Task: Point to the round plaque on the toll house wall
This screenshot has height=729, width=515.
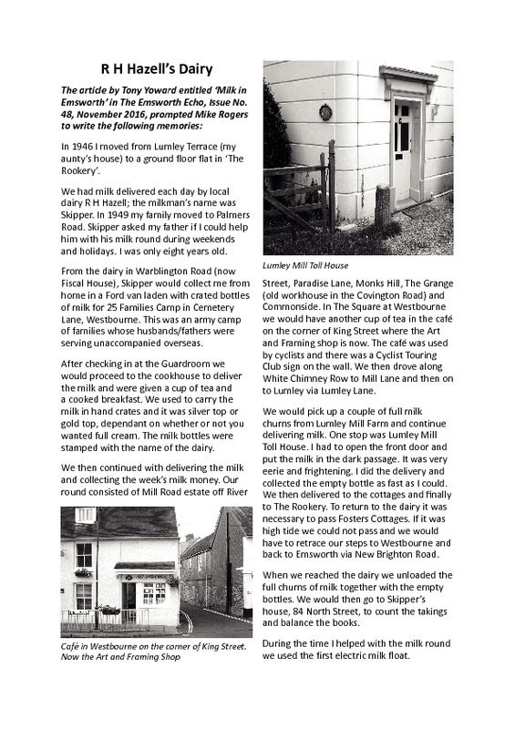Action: click(x=325, y=112)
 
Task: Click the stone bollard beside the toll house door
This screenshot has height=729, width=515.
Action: click(x=383, y=207)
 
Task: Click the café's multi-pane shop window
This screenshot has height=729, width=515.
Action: click(x=153, y=594)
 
